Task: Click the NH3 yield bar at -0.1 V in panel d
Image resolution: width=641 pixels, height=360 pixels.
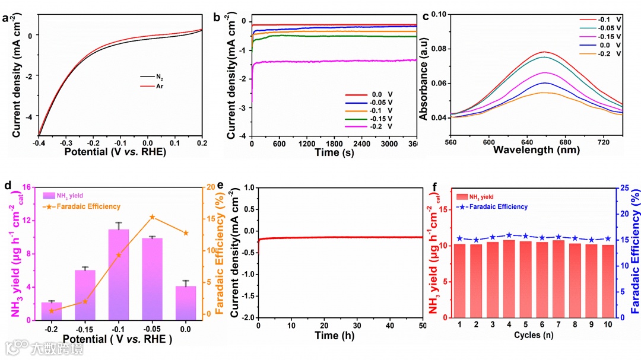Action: (119, 273)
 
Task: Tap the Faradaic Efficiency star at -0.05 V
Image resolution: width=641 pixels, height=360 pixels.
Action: (152, 217)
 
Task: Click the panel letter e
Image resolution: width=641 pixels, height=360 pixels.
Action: (220, 185)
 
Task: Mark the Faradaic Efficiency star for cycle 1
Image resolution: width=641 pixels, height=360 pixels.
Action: (459, 238)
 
